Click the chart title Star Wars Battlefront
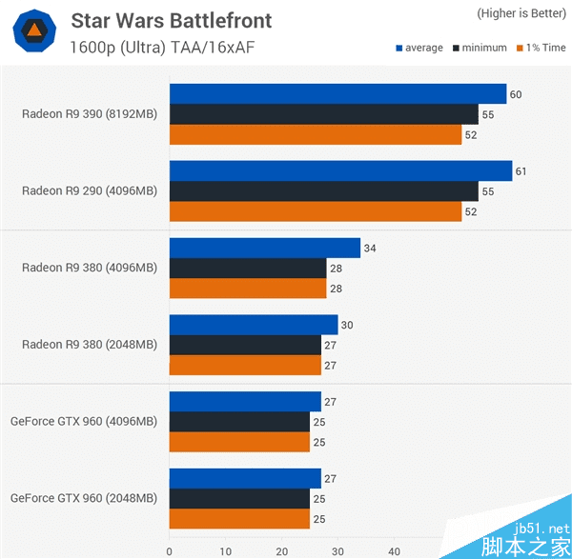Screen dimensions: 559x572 tap(171, 20)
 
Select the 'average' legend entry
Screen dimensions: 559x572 tap(419, 48)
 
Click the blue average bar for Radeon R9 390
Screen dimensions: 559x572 tap(337, 93)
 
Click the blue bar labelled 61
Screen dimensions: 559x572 tap(340, 170)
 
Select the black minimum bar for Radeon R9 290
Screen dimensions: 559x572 tap(323, 191)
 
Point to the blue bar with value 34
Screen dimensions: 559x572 tap(264, 248)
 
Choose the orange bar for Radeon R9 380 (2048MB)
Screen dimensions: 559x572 tap(245, 366)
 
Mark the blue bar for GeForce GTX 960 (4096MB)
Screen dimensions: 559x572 tap(245, 401)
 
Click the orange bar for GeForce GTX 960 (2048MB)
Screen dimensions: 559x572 tap(239, 519)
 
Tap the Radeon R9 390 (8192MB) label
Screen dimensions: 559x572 tap(90, 114)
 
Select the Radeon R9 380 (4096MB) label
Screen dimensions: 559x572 tap(90, 269)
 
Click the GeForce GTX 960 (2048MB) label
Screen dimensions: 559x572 tap(84, 498)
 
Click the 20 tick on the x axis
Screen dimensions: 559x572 tap(281, 550)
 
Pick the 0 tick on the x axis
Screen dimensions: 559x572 tap(169, 550)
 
